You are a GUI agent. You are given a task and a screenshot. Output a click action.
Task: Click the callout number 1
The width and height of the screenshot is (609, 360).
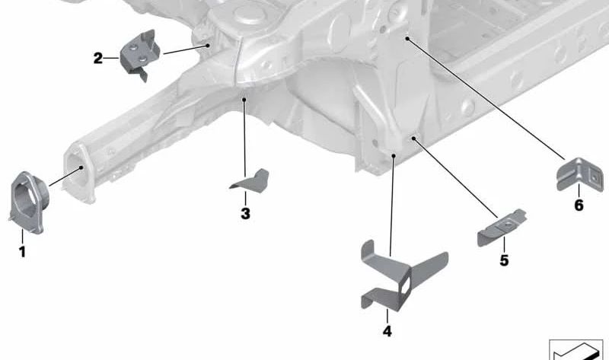[22, 252]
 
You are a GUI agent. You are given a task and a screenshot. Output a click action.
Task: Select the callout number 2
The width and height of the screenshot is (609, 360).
[98, 59]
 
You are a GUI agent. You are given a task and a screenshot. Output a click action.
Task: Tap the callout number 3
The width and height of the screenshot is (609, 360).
[245, 214]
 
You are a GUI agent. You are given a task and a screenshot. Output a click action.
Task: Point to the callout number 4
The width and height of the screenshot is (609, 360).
[387, 331]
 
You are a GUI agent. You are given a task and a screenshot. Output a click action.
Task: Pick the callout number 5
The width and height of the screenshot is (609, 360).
[504, 260]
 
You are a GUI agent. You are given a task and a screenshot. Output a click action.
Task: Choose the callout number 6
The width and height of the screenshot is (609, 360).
[579, 205]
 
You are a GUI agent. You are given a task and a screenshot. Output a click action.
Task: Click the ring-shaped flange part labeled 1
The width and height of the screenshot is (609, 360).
[28, 202]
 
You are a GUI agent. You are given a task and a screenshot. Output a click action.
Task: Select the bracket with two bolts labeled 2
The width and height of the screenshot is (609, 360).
[139, 55]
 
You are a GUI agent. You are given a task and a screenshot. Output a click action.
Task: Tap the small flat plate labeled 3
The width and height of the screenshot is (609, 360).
[250, 180]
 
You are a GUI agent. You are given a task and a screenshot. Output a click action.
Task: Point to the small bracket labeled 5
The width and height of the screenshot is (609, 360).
[501, 228]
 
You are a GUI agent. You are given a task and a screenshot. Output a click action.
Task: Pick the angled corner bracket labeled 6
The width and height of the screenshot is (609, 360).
[580, 175]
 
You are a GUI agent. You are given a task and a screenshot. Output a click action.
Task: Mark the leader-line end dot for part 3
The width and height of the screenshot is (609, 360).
[244, 100]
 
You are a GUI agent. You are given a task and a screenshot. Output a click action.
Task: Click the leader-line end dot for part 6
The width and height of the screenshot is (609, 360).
[407, 38]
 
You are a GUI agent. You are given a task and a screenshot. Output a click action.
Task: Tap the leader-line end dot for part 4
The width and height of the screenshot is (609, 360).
[394, 156]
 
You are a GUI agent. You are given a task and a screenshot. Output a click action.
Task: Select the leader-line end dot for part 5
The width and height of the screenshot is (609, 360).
[413, 138]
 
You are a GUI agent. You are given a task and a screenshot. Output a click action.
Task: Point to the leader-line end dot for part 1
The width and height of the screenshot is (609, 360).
[81, 167]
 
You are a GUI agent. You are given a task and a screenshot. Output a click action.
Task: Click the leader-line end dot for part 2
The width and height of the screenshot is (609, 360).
[208, 46]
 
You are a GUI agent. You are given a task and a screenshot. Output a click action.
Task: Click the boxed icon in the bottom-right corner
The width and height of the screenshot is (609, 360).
[576, 350]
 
